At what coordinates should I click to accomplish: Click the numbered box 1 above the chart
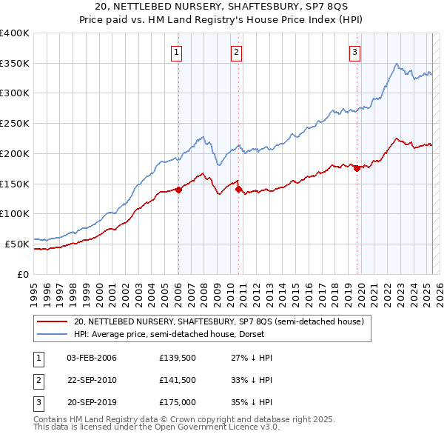pyautogui.click(x=178, y=52)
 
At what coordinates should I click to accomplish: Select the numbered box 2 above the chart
pyautogui.click(x=236, y=52)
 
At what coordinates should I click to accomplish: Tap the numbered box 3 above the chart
pyautogui.click(x=355, y=52)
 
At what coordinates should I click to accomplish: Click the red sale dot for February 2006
pyautogui.click(x=178, y=190)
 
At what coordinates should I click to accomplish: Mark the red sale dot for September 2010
pyautogui.click(x=238, y=189)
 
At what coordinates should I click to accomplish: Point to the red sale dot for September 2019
pyautogui.click(x=357, y=168)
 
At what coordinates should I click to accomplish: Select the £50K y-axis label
pyautogui.click(x=17, y=243)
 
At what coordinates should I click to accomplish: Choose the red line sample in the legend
pyautogui.click(x=52, y=322)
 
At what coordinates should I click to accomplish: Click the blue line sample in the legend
pyautogui.click(x=52, y=334)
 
